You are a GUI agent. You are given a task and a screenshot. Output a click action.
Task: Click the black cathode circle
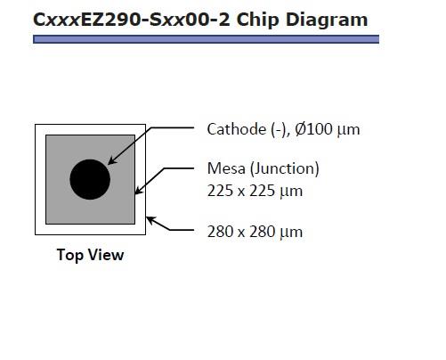click(90, 179)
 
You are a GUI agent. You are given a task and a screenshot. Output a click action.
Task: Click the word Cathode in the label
click(237, 129)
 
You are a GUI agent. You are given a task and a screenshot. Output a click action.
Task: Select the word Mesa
click(226, 168)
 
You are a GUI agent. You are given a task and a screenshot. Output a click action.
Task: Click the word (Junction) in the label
click(285, 168)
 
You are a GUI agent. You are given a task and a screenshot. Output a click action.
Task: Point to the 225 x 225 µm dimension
click(255, 191)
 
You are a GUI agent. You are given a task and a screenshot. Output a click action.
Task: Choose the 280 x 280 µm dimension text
click(255, 232)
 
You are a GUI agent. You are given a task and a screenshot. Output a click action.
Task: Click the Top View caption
click(90, 255)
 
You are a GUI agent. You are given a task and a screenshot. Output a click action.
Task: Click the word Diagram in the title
click(327, 20)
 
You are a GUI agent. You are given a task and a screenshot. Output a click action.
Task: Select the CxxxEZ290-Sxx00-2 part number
click(132, 20)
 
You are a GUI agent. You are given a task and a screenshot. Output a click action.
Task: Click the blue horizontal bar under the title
click(206, 39)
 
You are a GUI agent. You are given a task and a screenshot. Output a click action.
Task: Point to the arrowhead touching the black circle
click(111, 160)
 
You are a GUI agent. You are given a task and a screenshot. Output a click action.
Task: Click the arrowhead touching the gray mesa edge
click(138, 191)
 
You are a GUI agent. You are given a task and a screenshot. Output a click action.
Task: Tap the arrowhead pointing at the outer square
click(150, 220)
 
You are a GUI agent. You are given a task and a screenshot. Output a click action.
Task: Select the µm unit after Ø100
click(348, 130)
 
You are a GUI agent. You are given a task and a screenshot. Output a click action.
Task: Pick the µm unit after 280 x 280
click(291, 233)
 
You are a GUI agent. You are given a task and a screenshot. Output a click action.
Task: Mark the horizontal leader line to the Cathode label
click(173, 127)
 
